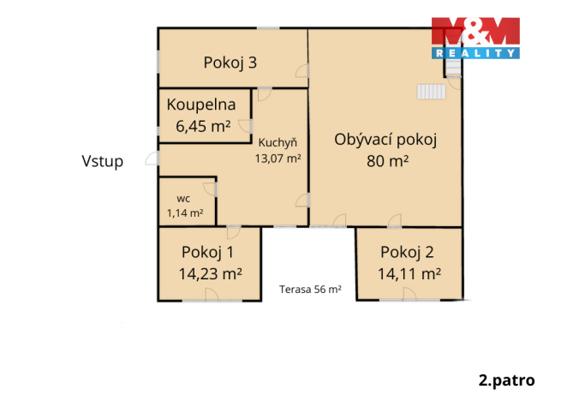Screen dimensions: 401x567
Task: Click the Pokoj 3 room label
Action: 230,62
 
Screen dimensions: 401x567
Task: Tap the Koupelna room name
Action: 203,106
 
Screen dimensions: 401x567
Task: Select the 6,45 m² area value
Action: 203,126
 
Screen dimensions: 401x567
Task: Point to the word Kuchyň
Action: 272,143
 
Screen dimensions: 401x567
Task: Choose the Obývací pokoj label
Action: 386,141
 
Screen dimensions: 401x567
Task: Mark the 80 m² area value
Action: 387,160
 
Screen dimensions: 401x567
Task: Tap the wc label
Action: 182,198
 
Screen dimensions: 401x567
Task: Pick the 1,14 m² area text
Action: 185,213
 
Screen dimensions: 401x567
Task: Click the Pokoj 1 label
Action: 208,252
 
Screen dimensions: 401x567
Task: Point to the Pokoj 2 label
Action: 408,252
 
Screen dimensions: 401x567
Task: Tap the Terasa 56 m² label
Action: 310,290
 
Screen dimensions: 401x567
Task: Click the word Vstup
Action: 103,160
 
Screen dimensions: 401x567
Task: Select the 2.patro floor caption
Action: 506,379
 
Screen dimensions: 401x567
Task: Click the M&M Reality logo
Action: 474,38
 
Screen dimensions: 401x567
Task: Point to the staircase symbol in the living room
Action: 432,90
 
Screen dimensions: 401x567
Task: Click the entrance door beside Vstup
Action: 152,159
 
